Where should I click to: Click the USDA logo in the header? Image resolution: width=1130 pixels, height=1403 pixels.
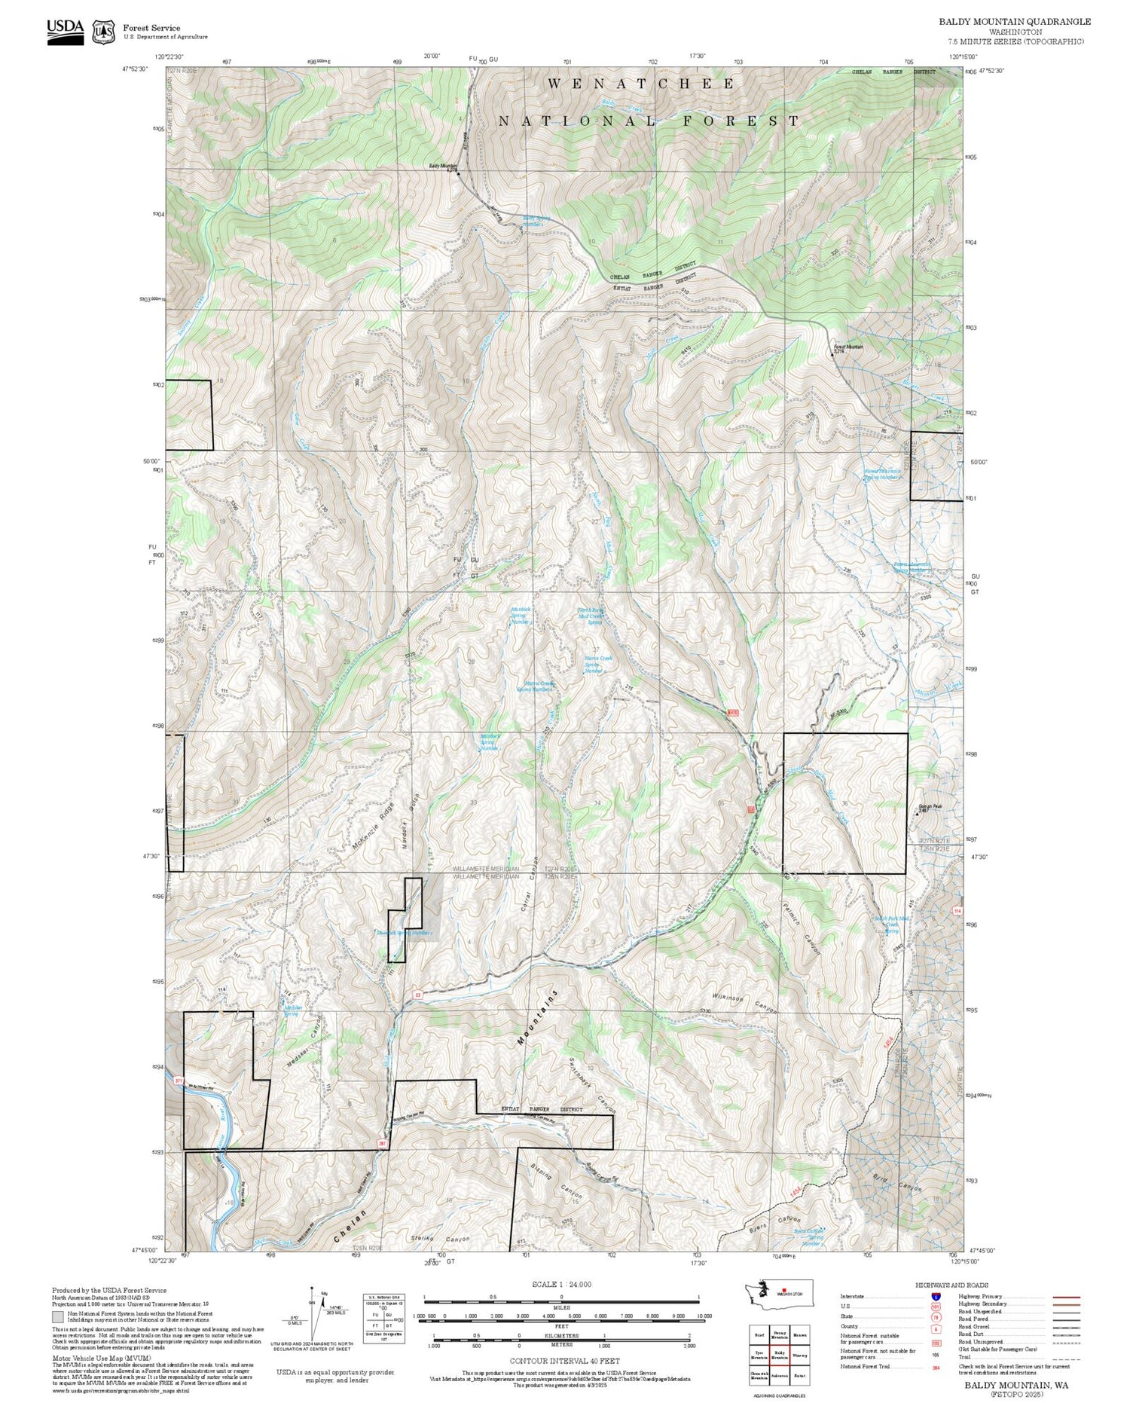[x=66, y=32]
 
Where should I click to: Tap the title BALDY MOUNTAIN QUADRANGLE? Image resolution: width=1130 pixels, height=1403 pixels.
[x=1014, y=22]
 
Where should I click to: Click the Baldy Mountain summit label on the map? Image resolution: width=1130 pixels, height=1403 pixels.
[x=443, y=166]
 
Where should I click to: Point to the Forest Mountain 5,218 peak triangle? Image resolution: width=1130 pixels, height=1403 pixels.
[x=833, y=352]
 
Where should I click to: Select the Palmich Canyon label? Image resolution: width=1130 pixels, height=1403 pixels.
[x=800, y=928]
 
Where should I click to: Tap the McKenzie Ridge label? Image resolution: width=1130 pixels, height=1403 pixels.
[x=373, y=825]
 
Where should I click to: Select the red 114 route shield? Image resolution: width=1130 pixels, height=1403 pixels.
[x=957, y=911]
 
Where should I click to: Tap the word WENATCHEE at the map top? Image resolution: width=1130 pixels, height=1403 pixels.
[x=641, y=84]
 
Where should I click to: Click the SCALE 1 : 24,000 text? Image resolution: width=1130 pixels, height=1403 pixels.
[x=561, y=1284]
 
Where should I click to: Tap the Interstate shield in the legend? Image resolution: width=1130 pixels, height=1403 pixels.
[x=935, y=1296]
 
